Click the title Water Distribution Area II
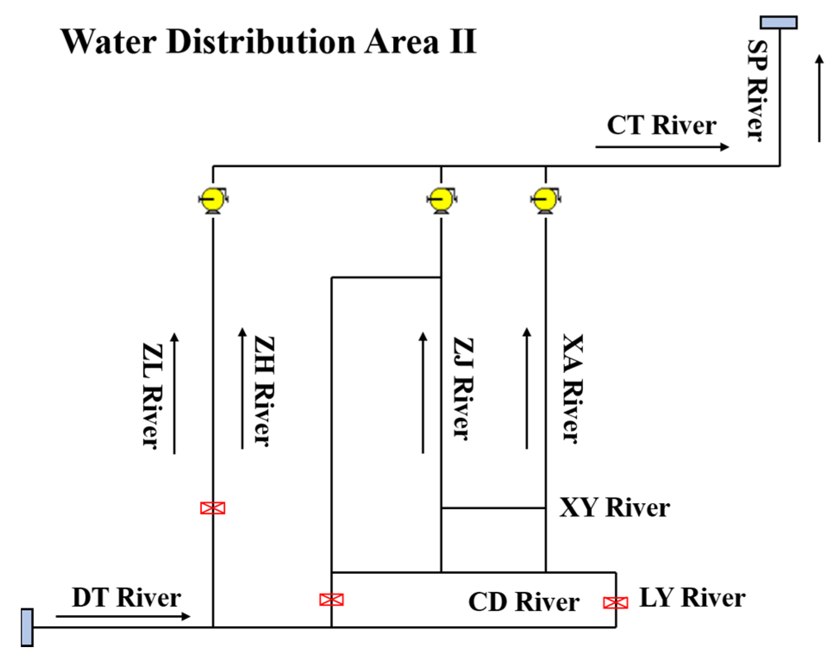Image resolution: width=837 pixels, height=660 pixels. point(269,42)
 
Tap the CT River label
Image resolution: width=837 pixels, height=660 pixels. point(661,125)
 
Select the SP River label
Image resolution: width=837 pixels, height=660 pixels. point(757,90)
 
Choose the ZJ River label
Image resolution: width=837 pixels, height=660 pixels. point(463,389)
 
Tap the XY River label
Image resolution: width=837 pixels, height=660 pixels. point(615,507)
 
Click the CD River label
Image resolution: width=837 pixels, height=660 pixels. point(524,602)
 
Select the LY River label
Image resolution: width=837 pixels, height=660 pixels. point(692,598)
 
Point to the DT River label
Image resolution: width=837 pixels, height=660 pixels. point(126,598)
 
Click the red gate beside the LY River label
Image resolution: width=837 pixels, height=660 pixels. point(615,603)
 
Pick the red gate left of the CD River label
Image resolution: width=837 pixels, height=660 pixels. point(331,600)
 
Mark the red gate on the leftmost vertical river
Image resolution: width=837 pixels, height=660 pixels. point(213,508)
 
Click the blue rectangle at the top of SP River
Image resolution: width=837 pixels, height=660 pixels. point(778,22)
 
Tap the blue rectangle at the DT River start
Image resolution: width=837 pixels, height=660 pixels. point(27,627)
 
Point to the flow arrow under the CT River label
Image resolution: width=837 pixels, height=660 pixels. point(662,147)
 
